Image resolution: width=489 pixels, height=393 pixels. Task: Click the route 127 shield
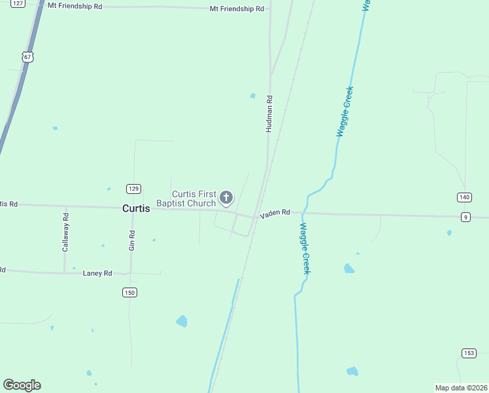(18, 3)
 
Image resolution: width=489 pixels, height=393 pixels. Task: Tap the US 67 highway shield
(27, 57)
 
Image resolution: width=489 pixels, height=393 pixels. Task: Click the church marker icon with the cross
(226, 197)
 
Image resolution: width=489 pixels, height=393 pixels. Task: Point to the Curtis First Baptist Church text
(194, 198)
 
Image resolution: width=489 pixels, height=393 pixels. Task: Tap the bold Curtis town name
(136, 208)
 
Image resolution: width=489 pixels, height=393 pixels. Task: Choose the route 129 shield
(133, 189)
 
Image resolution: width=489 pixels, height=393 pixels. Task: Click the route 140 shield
(464, 197)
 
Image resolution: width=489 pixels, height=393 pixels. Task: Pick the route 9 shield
(465, 217)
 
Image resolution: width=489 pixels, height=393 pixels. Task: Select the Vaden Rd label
(275, 214)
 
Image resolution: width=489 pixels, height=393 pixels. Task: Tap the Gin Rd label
(132, 241)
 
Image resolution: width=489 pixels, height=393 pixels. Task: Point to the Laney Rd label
(97, 272)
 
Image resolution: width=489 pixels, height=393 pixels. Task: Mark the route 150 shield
(129, 292)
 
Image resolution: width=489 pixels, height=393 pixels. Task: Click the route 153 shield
(468, 353)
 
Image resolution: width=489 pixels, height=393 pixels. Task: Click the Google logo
(22, 385)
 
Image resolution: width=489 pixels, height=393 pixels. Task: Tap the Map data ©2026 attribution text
(461, 388)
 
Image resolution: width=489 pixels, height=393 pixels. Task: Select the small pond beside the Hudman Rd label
(253, 96)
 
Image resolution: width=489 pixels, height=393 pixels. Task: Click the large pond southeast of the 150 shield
(181, 321)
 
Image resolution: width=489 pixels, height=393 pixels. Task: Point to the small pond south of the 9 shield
(448, 233)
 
